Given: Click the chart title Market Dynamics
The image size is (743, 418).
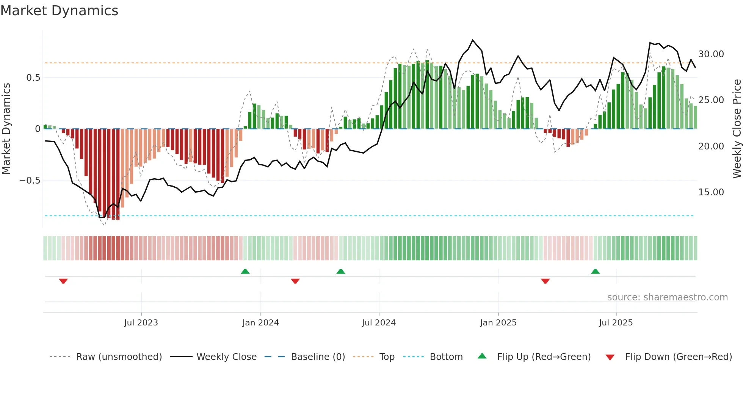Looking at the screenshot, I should click(59, 11).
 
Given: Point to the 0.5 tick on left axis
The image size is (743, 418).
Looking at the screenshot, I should click(33, 78).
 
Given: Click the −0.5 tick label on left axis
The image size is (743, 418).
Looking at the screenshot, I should click(30, 181).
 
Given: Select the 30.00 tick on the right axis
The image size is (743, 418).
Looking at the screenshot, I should click(711, 54).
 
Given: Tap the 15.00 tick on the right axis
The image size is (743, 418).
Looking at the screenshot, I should click(711, 192).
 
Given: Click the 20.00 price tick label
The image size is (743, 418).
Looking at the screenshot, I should click(711, 146).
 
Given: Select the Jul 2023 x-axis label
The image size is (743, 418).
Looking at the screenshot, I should click(141, 323).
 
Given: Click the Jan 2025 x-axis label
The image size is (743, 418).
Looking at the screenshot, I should click(498, 323).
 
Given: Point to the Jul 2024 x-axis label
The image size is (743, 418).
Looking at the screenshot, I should click(379, 323).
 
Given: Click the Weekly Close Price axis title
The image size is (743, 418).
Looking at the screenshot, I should click(737, 129).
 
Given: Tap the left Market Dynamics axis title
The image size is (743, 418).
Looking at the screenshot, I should click(6, 129).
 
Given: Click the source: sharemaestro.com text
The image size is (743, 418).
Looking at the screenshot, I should click(667, 297).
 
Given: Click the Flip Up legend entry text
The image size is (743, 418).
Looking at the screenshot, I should click(544, 357).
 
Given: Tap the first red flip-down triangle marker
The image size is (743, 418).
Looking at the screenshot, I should click(63, 281).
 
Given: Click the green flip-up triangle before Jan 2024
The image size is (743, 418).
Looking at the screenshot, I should click(245, 271).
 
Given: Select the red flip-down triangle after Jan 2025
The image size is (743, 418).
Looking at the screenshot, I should click(545, 281).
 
